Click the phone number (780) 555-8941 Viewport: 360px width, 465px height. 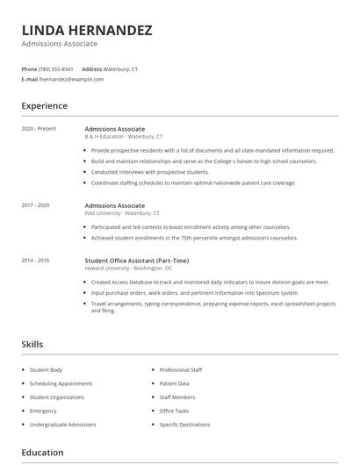(56, 68)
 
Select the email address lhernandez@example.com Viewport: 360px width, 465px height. (71, 79)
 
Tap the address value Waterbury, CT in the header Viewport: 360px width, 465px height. (122, 68)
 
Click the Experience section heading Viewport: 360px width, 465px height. (44, 106)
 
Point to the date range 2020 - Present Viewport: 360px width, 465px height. (39, 129)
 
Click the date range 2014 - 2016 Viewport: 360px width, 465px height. (37, 261)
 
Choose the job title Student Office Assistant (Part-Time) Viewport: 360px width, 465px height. (136, 261)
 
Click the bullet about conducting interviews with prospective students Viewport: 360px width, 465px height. (149, 172)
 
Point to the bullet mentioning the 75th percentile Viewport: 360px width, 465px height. (194, 238)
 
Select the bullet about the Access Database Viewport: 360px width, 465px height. (210, 283)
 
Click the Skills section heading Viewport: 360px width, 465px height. (32, 345)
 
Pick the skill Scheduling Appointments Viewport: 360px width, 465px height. (61, 383)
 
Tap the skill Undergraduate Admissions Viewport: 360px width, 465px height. (63, 425)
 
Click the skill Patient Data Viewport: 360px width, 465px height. (174, 383)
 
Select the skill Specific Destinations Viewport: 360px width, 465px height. (184, 425)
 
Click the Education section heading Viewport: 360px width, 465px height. (42, 453)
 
